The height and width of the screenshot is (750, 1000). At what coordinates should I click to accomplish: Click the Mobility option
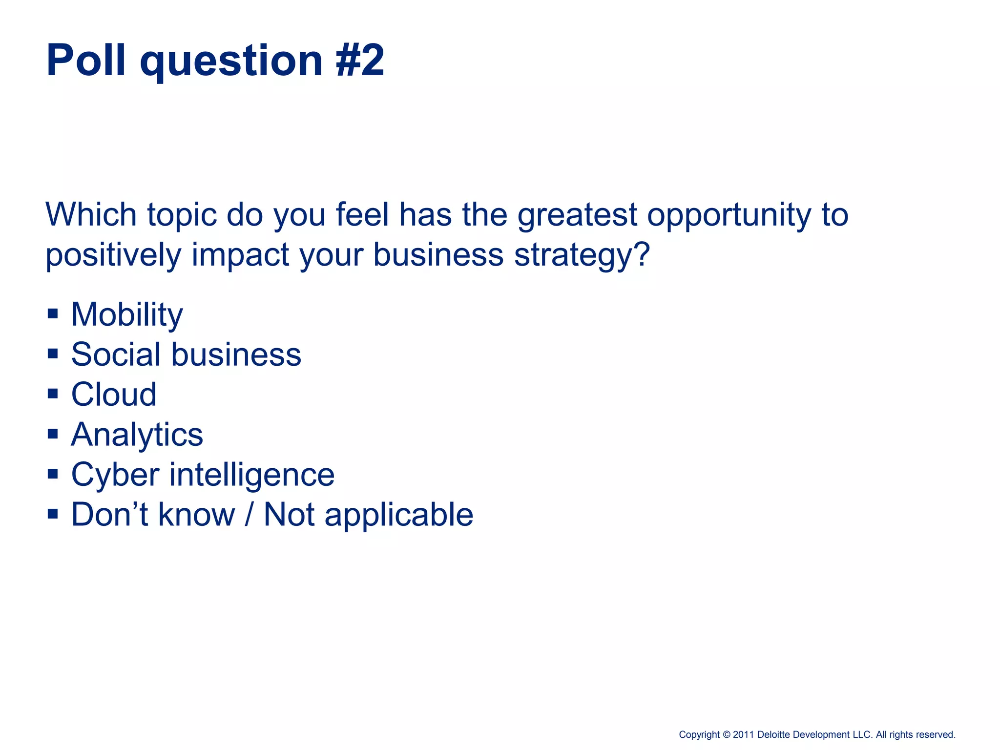click(x=127, y=314)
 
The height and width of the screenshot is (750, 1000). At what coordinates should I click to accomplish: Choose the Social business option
click(x=186, y=354)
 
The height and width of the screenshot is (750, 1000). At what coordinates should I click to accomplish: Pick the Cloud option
click(x=114, y=395)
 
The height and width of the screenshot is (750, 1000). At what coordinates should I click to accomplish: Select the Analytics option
click(x=137, y=435)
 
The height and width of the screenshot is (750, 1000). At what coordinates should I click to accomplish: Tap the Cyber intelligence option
click(x=203, y=475)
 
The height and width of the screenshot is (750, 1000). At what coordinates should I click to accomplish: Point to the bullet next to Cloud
click(x=53, y=393)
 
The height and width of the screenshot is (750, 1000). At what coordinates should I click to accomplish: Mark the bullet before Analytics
click(x=53, y=433)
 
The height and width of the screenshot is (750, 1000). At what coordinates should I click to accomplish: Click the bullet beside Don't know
click(x=53, y=513)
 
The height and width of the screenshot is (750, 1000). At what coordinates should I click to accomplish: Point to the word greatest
click(x=577, y=216)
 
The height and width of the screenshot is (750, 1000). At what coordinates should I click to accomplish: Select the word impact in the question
click(x=240, y=256)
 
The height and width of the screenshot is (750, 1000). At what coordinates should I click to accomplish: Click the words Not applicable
click(x=368, y=515)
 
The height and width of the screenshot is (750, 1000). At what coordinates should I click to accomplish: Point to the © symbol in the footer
click(x=726, y=735)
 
